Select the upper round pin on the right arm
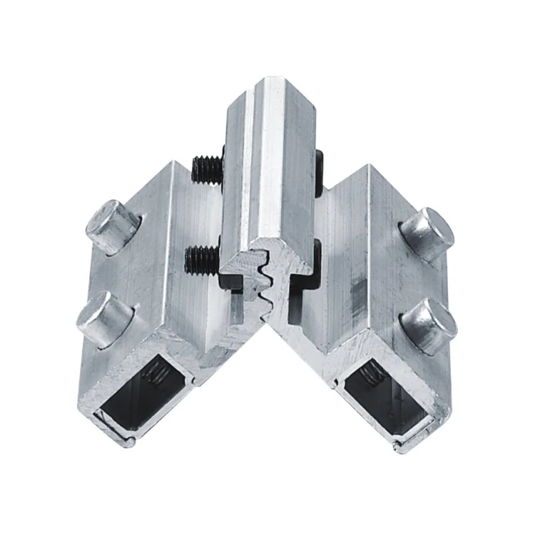click(x=427, y=234)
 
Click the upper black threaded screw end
click(x=208, y=168)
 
